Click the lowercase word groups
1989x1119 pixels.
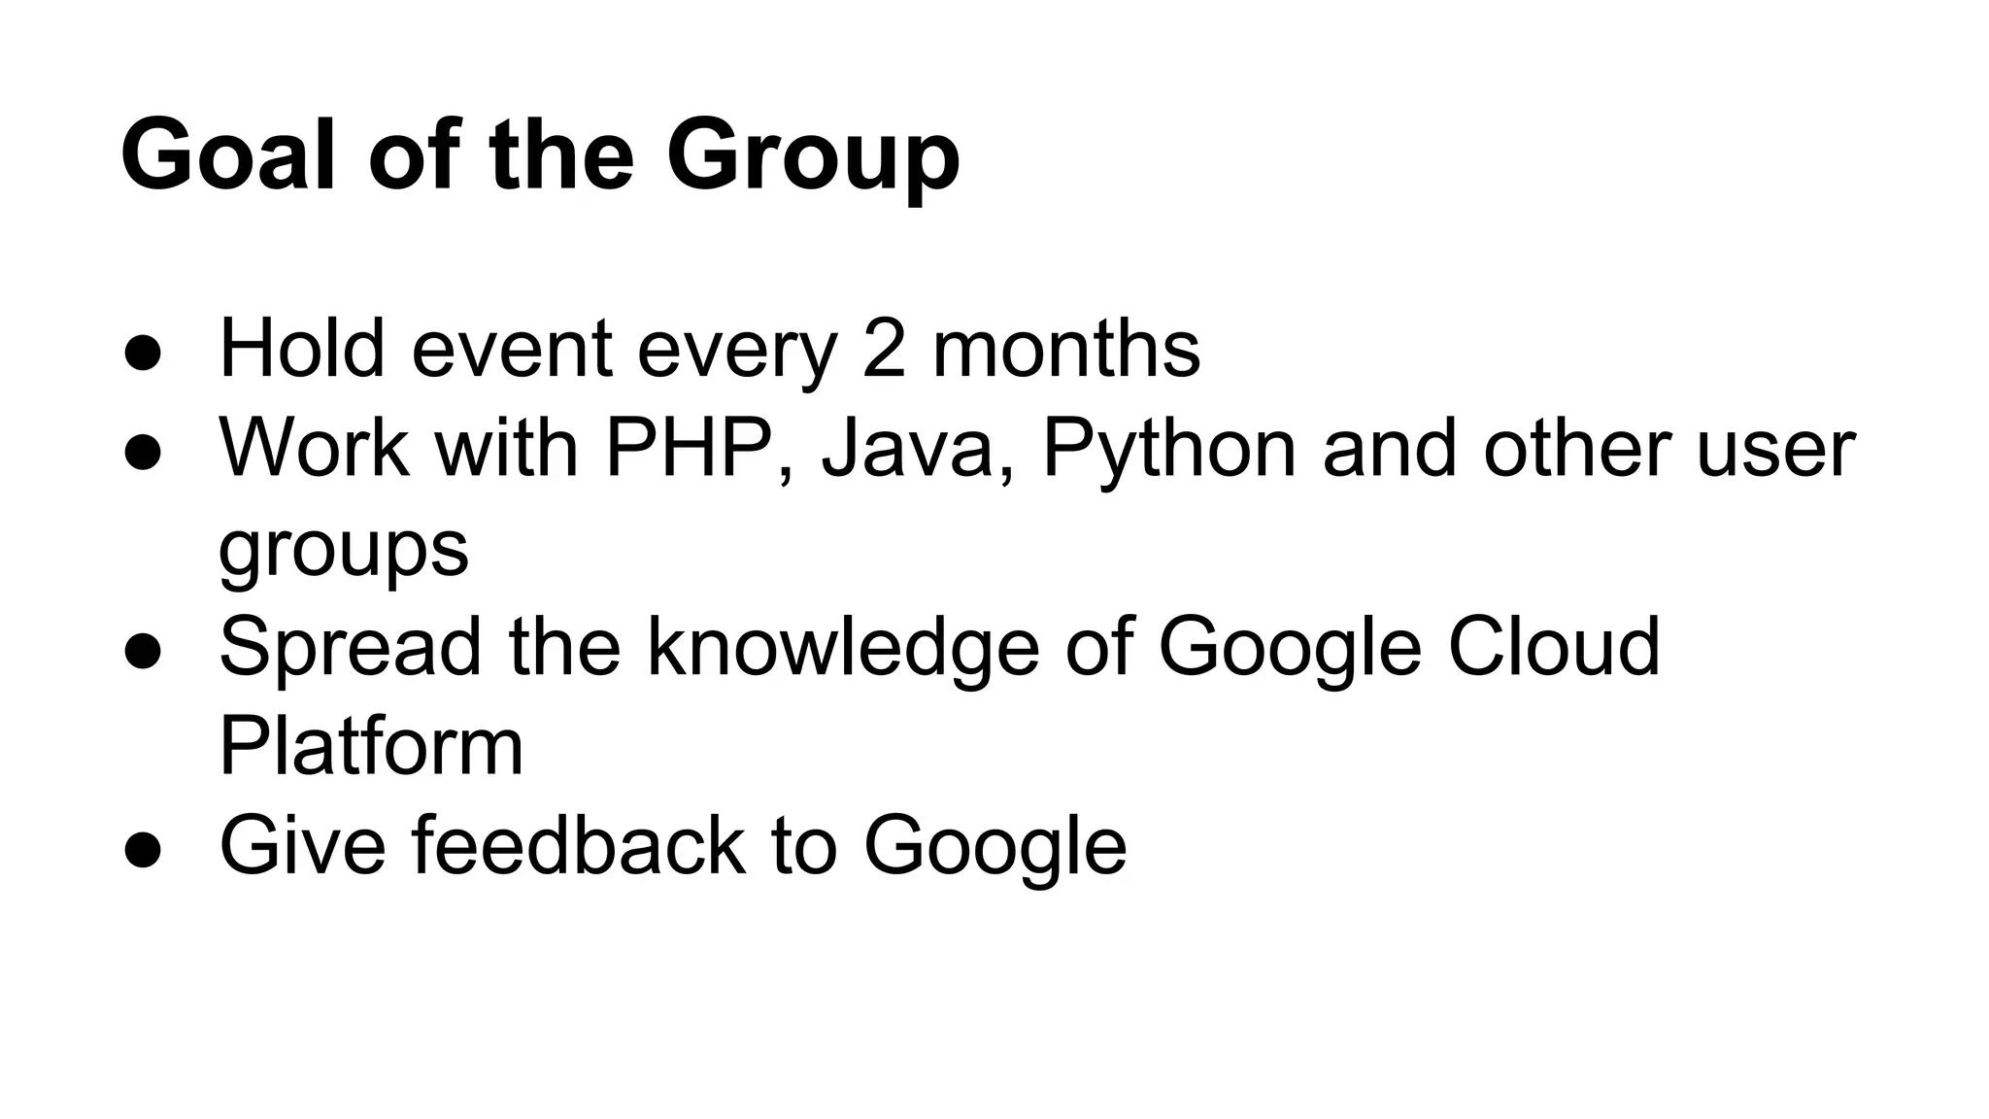[x=344, y=552]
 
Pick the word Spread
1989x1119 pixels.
[x=351, y=649]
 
